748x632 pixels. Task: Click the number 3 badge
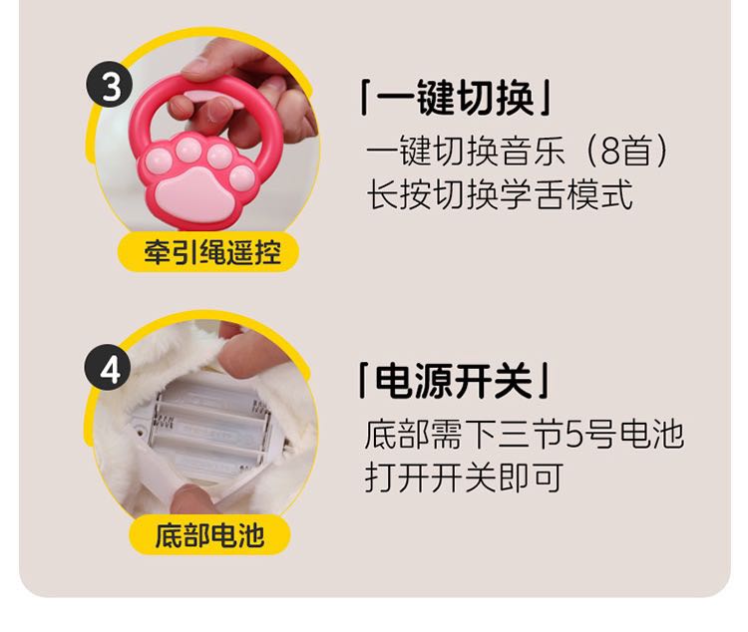tap(110, 85)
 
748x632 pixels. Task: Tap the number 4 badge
tap(108, 368)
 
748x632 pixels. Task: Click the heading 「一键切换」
tap(455, 98)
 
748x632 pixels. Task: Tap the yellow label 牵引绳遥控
tap(208, 252)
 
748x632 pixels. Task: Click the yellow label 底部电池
tap(209, 535)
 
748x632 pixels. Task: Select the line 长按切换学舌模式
tap(500, 194)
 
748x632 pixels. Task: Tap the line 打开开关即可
tap(464, 477)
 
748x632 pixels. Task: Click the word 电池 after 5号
tap(652, 434)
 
